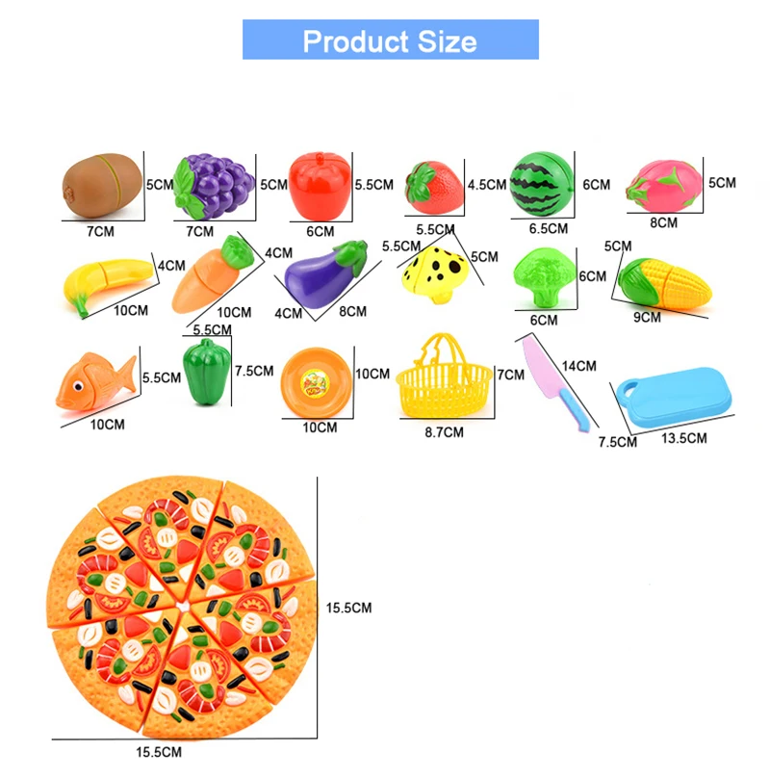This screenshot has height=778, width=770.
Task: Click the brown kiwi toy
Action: click(102, 186)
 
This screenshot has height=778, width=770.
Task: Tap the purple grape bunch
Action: click(214, 187)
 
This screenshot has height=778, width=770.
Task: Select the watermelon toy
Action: click(542, 185)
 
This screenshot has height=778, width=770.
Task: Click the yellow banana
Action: click(107, 283)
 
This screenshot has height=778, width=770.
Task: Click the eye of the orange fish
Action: click(78, 386)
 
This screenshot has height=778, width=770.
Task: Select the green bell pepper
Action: click(207, 372)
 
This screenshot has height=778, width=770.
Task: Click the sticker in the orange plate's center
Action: click(316, 383)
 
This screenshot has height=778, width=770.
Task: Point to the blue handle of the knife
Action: click(575, 409)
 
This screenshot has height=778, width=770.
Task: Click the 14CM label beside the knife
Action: click(579, 366)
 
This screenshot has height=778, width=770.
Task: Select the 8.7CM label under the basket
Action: click(444, 432)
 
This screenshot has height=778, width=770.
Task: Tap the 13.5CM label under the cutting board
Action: click(684, 438)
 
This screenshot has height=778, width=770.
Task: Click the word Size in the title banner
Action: click(447, 41)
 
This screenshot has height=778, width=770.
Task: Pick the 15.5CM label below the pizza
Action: click(159, 752)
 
